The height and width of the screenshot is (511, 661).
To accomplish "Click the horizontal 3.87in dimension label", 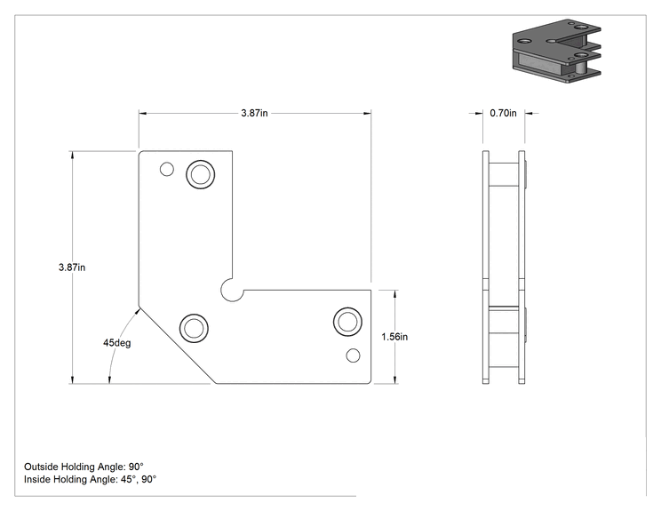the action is pos(254,113).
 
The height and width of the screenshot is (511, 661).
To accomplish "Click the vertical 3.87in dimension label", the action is pos(72,267).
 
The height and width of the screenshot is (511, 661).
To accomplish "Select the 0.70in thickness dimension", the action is pos(503,113).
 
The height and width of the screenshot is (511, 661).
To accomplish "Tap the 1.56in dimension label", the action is pos(394,337).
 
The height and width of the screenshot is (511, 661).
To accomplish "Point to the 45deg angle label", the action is pos(116,343).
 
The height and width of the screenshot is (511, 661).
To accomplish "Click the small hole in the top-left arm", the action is pos(167,170).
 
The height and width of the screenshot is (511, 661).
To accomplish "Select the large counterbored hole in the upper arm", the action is pos(200,174).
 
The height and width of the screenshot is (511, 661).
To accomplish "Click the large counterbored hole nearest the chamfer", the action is pos(194,328).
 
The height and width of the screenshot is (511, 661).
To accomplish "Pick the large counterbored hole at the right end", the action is pos(347,322).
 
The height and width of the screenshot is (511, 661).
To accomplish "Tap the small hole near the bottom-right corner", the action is pos(353,355).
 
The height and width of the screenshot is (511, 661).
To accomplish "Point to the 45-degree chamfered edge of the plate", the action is pos(177,345).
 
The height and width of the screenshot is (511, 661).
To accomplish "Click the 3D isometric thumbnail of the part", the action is pos(556,51).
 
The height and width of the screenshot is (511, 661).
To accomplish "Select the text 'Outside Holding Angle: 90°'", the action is pos(84,467).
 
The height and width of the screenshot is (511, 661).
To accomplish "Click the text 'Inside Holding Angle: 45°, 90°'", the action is pos(91,479).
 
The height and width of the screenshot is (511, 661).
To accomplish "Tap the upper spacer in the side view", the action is pos(504,174).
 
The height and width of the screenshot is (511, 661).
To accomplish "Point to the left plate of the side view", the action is pos(486,267).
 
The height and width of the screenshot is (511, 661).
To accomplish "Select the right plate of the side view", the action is pos(522,267).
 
